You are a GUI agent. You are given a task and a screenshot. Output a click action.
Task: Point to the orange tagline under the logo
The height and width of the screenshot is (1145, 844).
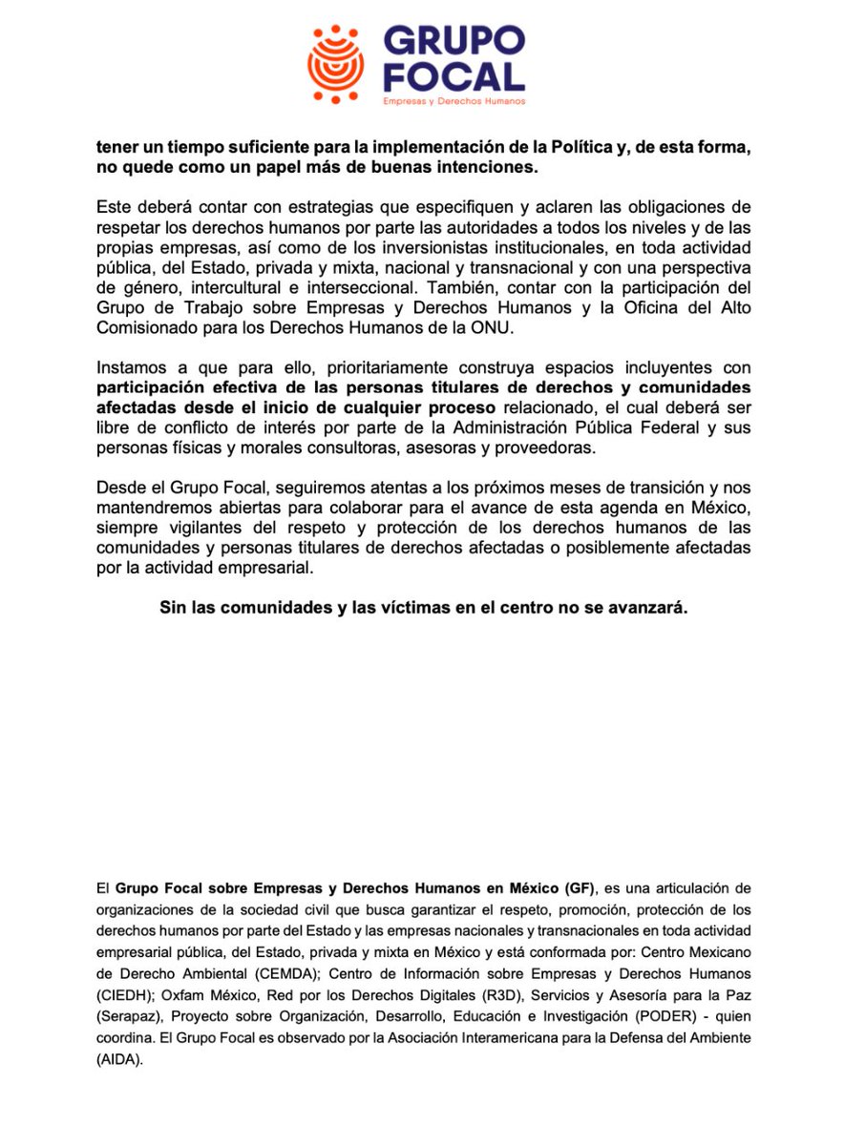coord(454,101)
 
